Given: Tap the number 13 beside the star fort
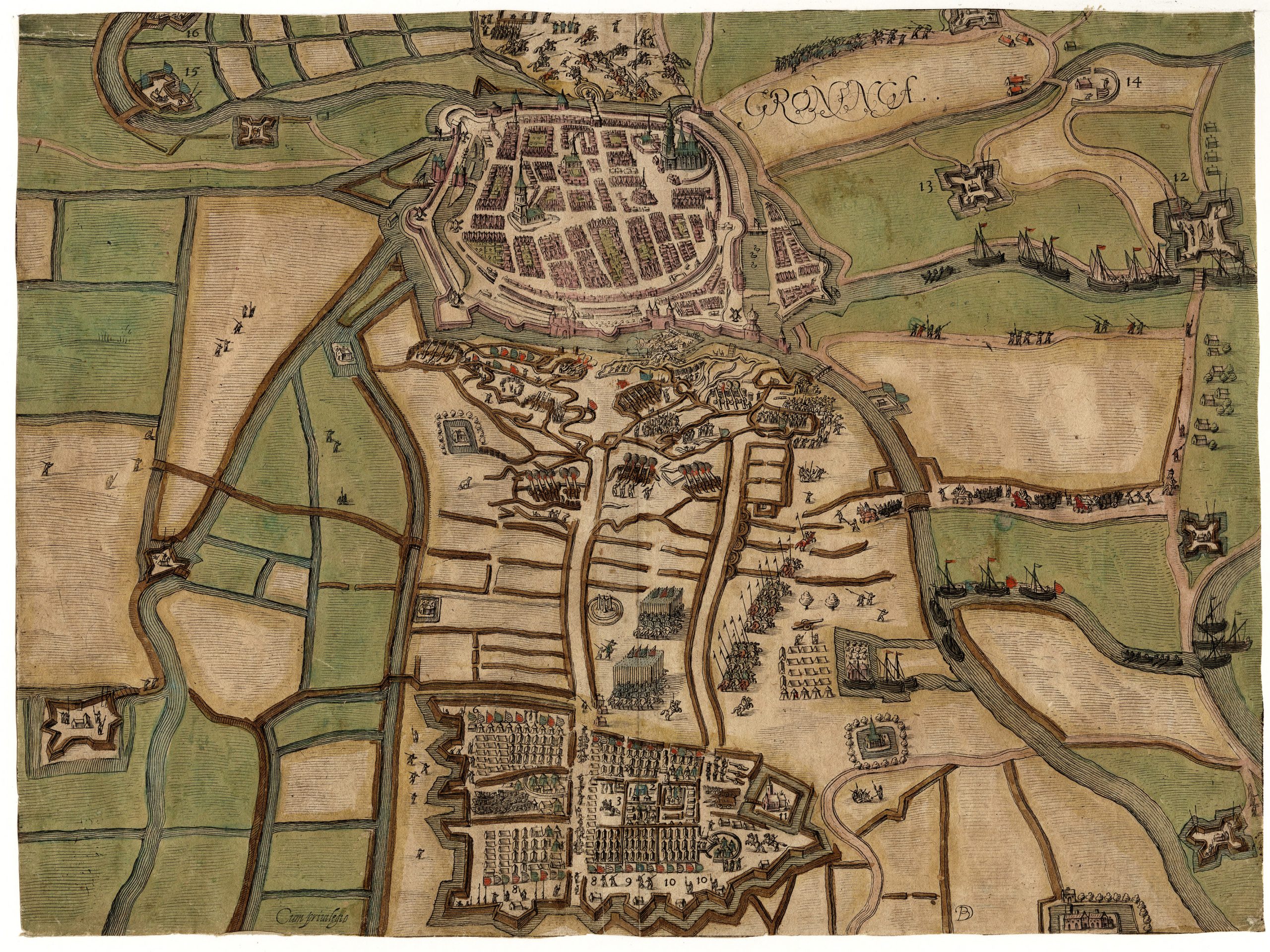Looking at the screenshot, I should tap(927, 185).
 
